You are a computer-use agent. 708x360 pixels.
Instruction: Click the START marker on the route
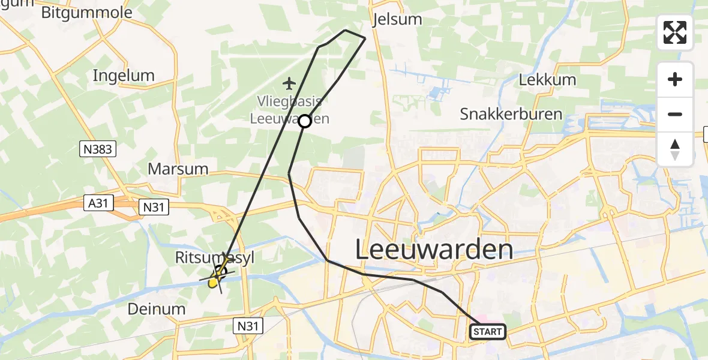coord(488,332)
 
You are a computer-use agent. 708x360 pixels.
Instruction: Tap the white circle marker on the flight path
coord(305,121)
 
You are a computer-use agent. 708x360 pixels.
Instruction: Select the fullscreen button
coord(675,32)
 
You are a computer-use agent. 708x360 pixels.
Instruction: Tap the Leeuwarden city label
coord(434,249)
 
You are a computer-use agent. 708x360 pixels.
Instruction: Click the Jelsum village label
coord(397,19)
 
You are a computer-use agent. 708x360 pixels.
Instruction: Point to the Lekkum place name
coord(547,80)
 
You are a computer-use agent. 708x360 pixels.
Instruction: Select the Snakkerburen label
coord(511,114)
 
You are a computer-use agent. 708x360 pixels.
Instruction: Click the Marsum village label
coord(178,169)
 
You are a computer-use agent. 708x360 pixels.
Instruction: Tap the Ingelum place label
coord(124,76)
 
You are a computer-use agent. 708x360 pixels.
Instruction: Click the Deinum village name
coord(156,309)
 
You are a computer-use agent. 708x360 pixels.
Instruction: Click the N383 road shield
coord(97,149)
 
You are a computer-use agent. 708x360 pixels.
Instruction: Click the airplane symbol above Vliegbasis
coord(290,82)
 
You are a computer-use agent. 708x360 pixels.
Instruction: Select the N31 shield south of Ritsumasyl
coord(248,326)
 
